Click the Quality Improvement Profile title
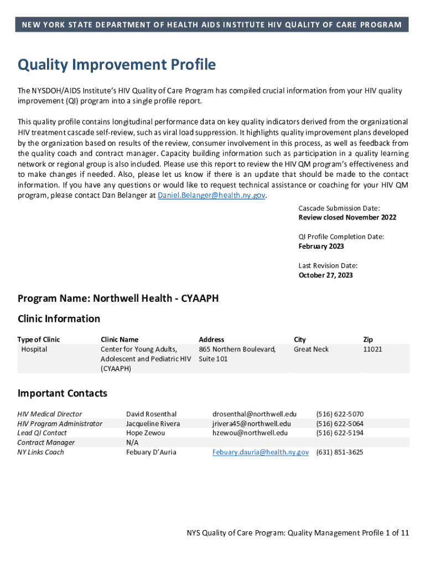point(117,65)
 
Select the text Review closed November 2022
point(347,217)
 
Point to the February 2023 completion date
point(321,246)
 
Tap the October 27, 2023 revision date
point(325,275)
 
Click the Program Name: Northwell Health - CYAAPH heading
point(118,298)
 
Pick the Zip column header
point(368,339)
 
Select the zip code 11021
point(372,349)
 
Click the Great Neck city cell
point(311,349)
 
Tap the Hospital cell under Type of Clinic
point(34,349)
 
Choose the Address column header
point(211,339)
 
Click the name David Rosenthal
point(151,414)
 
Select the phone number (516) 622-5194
point(339,433)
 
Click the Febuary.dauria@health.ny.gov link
point(261,452)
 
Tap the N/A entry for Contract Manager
point(132,443)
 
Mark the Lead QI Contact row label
point(42,433)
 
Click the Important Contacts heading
point(62,394)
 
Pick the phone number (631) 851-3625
point(339,452)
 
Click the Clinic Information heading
point(59,318)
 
